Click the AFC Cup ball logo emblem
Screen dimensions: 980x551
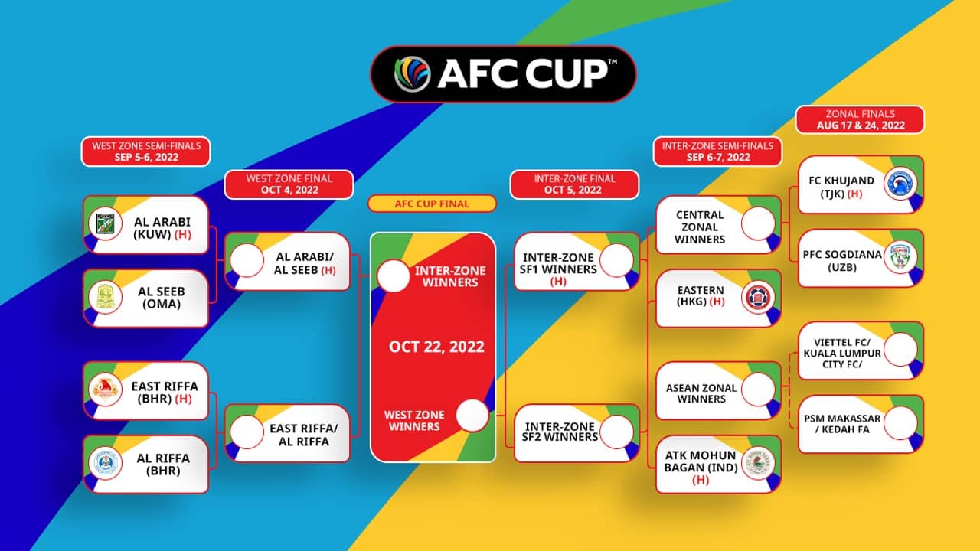coord(412,74)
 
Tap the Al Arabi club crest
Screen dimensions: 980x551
coord(105,223)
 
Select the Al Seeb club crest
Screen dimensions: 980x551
coord(105,297)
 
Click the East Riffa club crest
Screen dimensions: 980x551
coord(105,390)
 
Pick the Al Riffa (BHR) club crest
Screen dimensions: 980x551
coord(105,463)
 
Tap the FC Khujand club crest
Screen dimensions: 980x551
coord(900,183)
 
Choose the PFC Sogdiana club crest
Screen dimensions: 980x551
coord(900,257)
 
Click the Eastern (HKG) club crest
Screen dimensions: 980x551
coord(758,297)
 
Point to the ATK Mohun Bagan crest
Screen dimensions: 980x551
coord(758,463)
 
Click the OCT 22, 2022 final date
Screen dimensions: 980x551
coord(436,347)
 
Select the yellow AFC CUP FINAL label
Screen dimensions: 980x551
coord(432,204)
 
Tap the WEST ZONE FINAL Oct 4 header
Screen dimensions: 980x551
coord(289,184)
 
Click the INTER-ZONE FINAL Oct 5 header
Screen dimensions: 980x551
coord(574,184)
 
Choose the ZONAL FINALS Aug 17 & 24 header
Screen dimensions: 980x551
coord(860,119)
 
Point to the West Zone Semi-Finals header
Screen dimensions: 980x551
coord(145,152)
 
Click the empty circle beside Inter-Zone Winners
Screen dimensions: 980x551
coord(394,276)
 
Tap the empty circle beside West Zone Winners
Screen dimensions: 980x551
coord(472,416)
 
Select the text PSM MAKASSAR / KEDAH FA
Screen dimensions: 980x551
coord(842,424)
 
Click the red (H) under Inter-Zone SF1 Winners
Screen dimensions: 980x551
coord(558,281)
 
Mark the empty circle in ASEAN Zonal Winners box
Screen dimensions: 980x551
coord(758,390)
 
